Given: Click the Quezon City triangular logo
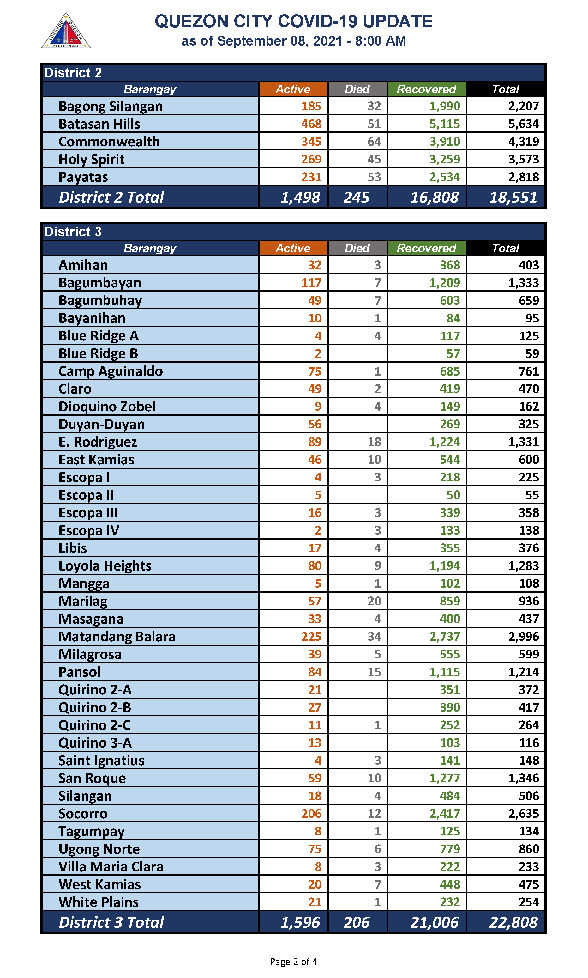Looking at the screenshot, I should [66, 31].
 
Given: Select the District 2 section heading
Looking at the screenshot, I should [73, 73].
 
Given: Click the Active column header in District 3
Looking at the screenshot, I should [293, 248].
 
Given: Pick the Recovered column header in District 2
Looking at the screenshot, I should [426, 89].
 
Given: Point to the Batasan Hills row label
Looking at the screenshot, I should [99, 124].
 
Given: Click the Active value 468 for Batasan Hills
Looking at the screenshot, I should [311, 124].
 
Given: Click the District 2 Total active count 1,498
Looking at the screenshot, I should [300, 197].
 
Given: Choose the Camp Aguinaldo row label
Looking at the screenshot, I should [111, 371].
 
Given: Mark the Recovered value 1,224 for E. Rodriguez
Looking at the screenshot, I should [445, 442].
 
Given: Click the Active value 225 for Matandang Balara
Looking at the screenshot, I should [311, 637].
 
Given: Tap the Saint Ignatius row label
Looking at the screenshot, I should [101, 760].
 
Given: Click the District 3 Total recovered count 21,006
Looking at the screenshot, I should [434, 922].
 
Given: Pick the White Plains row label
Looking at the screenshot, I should [99, 902].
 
